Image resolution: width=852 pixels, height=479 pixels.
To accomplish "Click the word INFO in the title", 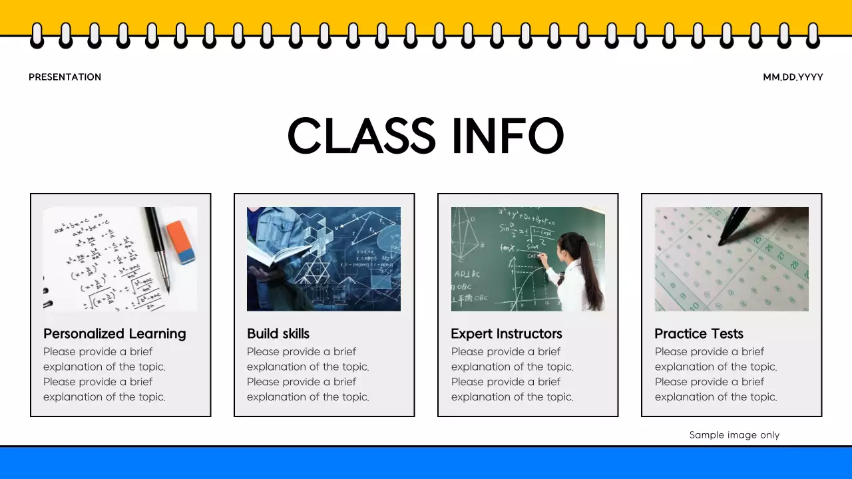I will tap(507, 136).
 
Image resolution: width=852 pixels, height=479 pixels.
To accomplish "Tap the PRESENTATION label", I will tap(65, 77).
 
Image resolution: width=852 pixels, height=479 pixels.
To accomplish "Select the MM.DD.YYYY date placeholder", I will tap(793, 77).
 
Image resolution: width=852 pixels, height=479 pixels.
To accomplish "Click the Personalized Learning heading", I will tap(114, 333).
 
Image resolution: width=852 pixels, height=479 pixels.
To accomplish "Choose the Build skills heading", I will tap(278, 333).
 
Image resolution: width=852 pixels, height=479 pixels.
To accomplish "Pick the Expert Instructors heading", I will tap(507, 333).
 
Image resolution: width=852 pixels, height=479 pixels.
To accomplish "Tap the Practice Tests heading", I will tap(699, 333).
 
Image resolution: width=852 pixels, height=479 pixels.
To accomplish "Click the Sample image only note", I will tap(734, 435).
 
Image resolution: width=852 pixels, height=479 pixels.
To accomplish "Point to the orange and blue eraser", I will tap(180, 242).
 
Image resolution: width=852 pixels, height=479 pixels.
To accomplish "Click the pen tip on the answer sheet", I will tap(722, 243).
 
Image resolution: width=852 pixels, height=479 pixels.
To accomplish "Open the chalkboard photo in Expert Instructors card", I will tap(528, 259).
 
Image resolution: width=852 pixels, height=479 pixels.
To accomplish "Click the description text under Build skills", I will tap(308, 374).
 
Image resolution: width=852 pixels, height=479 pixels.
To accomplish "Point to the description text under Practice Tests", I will tap(716, 374).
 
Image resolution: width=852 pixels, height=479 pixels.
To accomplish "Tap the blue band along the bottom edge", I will tap(426, 464).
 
